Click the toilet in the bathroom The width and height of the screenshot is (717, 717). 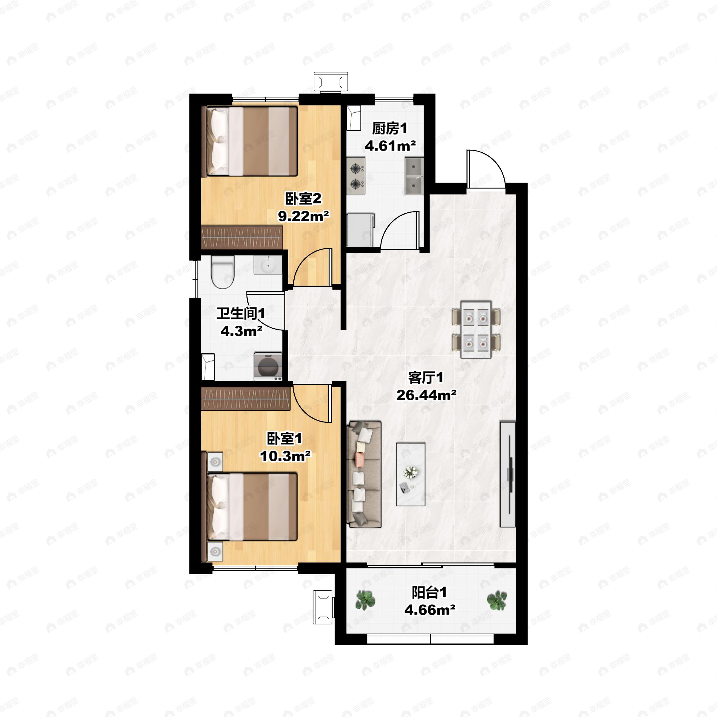[222, 272]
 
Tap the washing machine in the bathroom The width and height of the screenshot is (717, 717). [268, 367]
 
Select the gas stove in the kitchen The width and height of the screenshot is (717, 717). [356, 176]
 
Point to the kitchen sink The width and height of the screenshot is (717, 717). [414, 176]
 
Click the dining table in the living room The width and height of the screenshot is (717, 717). [476, 330]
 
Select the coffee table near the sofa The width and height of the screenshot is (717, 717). [410, 474]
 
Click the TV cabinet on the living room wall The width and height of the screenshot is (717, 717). [508, 474]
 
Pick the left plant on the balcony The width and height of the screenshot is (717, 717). [365, 600]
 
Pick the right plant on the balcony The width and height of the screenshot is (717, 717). [497, 600]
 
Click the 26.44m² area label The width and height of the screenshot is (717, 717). [426, 395]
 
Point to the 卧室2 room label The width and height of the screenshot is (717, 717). [303, 199]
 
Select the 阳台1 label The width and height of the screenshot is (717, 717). [429, 592]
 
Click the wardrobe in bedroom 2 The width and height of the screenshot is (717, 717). [242, 237]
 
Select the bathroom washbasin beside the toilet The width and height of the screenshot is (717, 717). [268, 265]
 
